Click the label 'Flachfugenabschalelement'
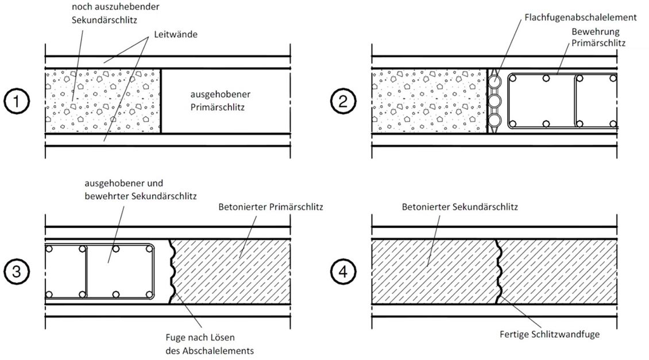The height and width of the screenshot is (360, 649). click(x=580, y=18)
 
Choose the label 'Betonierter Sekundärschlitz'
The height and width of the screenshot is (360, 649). click(x=460, y=207)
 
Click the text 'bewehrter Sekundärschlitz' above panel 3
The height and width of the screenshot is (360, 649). click(x=141, y=196)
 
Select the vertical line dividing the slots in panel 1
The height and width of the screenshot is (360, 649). click(x=160, y=102)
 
